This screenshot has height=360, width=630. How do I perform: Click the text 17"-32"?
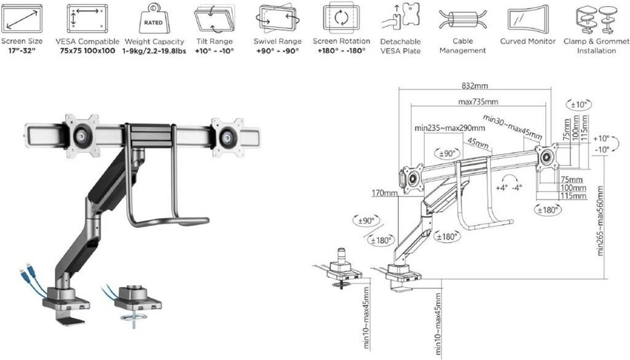(22, 51)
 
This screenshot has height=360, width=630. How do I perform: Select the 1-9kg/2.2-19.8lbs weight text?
(154, 51)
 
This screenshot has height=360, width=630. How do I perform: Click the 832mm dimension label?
(476, 87)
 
